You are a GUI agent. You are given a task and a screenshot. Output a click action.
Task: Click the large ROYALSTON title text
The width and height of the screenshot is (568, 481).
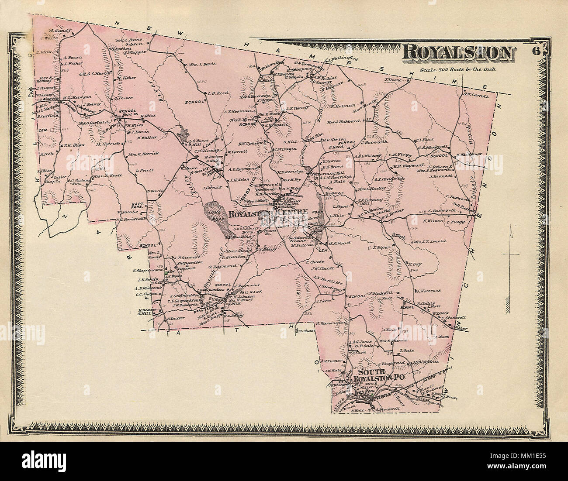click(x=457, y=53)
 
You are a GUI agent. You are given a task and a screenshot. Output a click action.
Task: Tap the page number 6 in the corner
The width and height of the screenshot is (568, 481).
click(x=537, y=51)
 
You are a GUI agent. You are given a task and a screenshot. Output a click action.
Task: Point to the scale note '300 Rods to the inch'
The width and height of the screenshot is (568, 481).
click(x=457, y=69)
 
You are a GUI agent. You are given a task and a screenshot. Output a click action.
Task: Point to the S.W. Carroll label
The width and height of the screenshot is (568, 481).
click(x=476, y=96)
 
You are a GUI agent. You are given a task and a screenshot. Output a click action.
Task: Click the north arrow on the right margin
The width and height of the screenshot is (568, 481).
click(x=511, y=253)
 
